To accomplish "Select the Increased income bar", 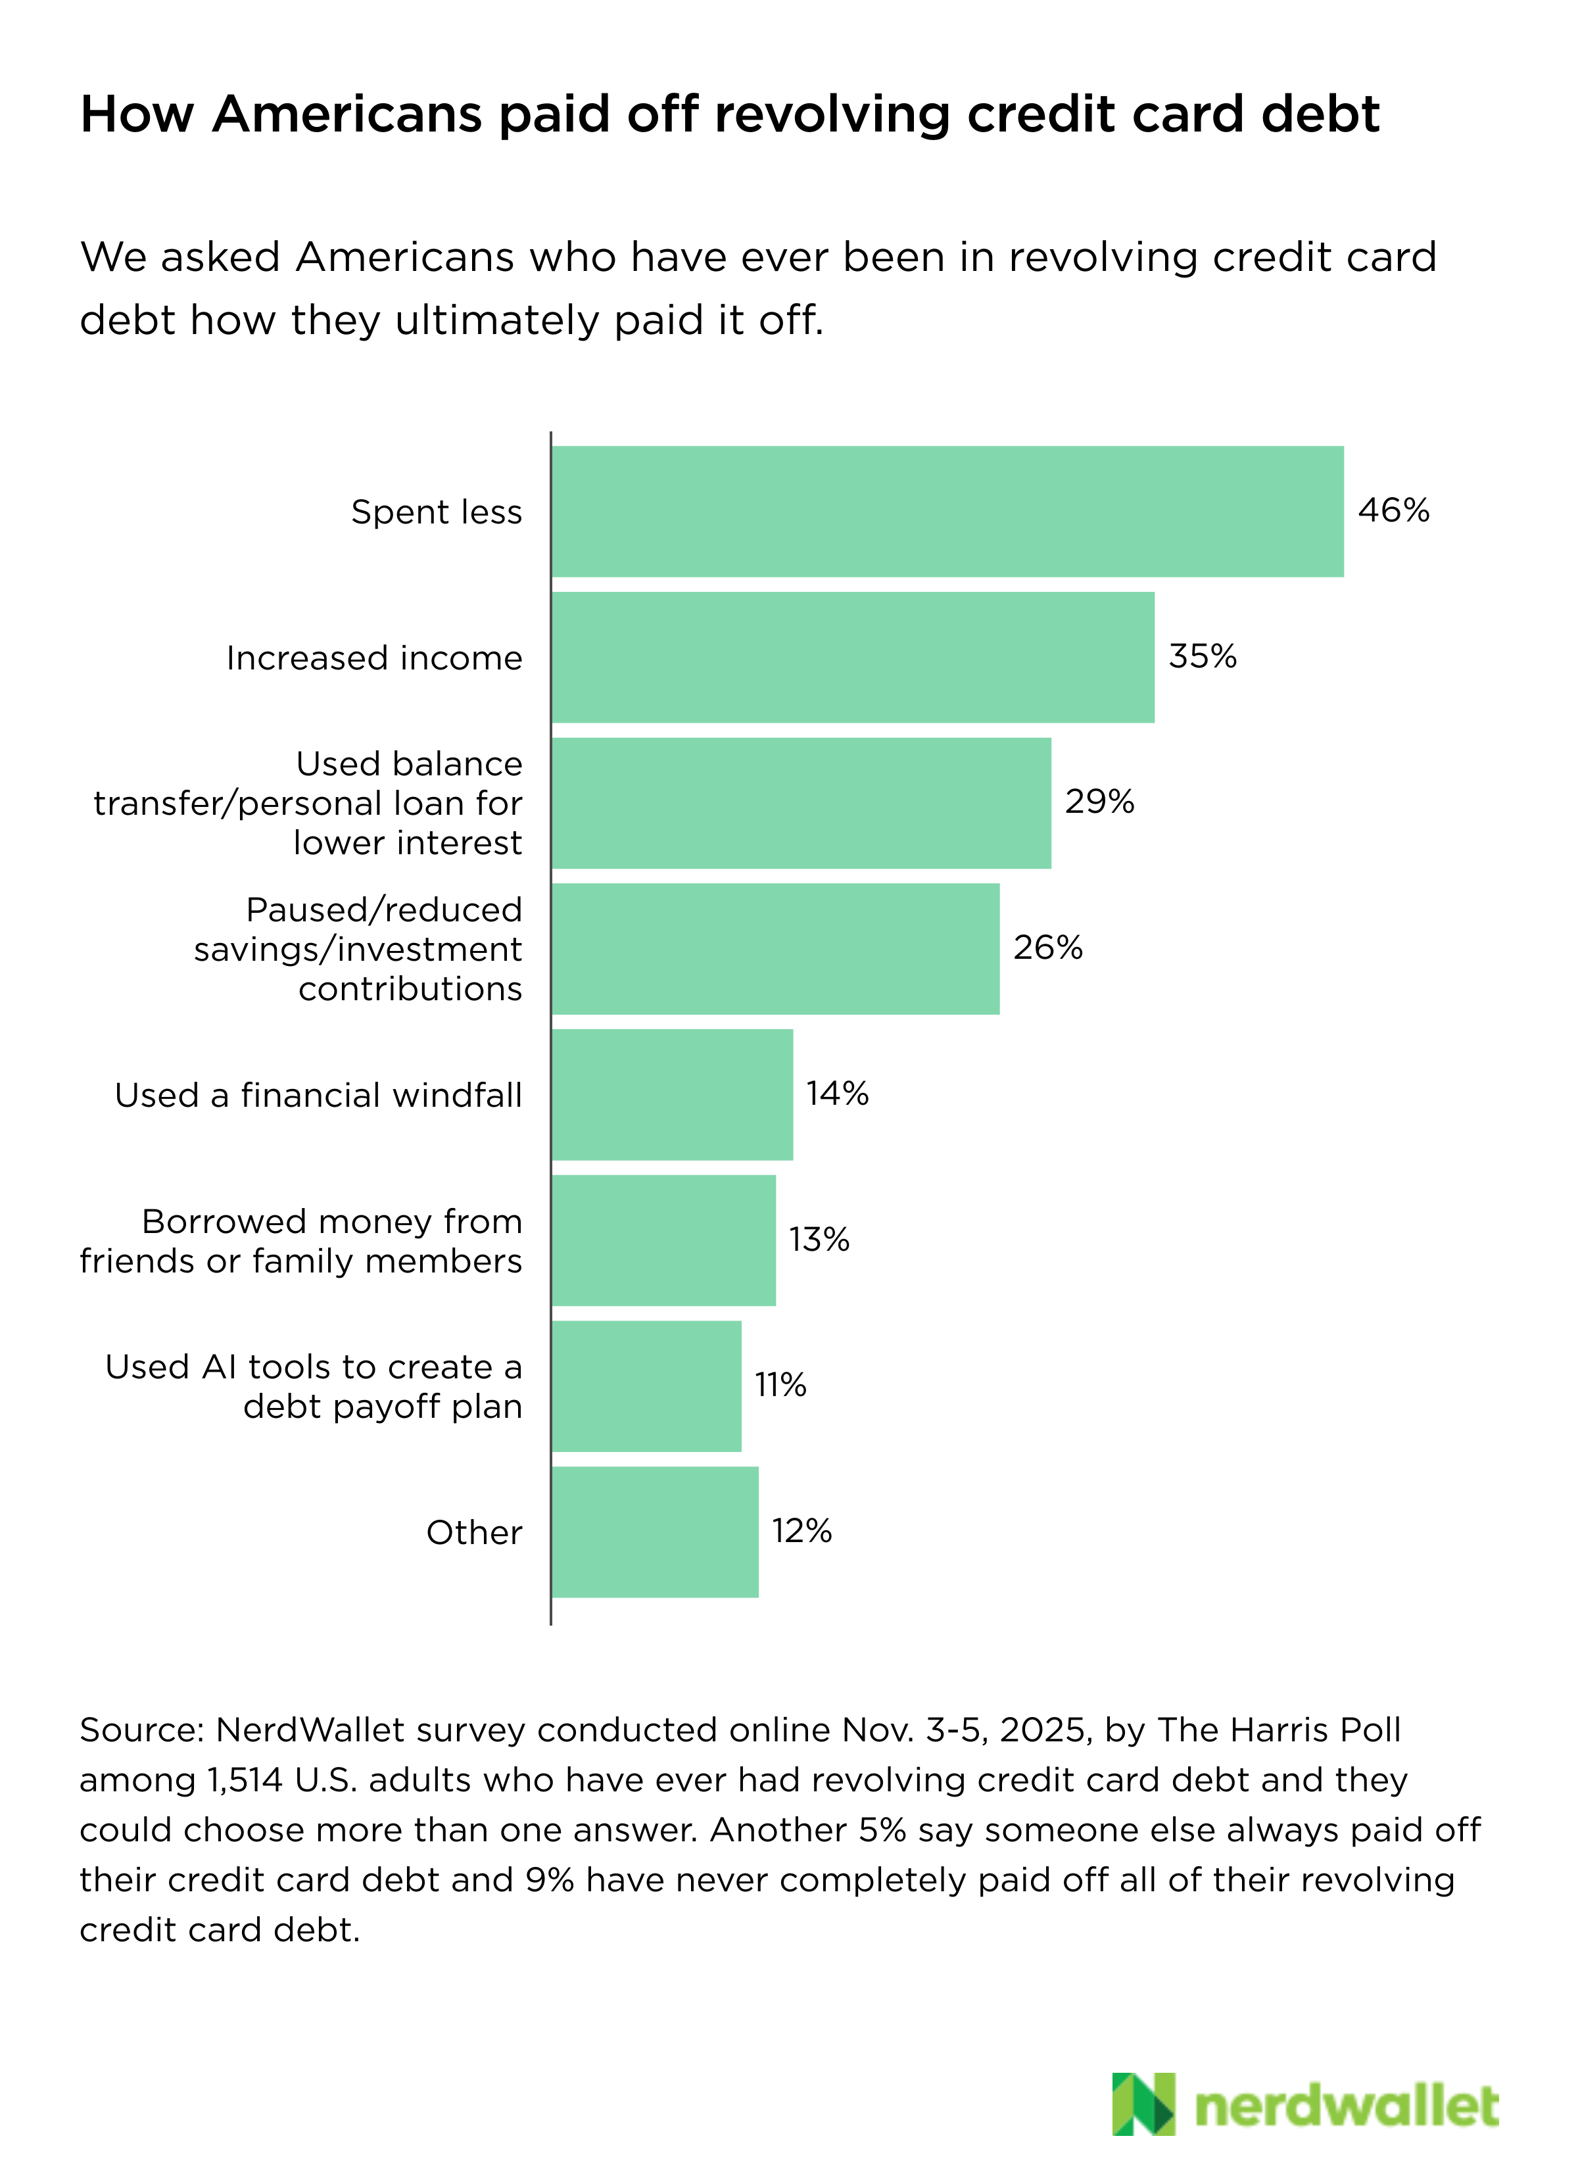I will pyautogui.click(x=853, y=657).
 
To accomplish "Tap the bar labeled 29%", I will pyautogui.click(x=801, y=803).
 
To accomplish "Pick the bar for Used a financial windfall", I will pyautogui.click(x=673, y=1095).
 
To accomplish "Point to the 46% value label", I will pyautogui.click(x=1394, y=510).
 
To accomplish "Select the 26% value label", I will pyautogui.click(x=1048, y=948).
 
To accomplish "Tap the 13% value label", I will pyautogui.click(x=819, y=1240).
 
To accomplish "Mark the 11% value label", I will pyautogui.click(x=780, y=1385).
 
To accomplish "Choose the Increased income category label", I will pyautogui.click(x=375, y=658).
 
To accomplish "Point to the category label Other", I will pyautogui.click(x=475, y=1533).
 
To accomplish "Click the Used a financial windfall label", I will pyautogui.click(x=318, y=1095).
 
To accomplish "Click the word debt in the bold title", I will pyautogui.click(x=1321, y=114).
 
